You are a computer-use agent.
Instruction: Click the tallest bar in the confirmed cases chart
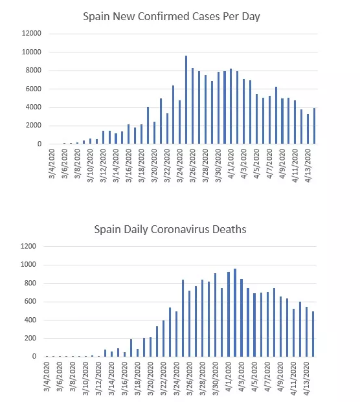[186, 100]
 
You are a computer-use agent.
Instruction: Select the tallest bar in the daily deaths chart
[235, 313]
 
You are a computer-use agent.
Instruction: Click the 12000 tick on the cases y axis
[32, 33]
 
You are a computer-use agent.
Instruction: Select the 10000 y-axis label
[32, 52]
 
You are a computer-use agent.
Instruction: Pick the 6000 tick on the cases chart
[33, 89]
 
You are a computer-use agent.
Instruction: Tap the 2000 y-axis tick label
[33, 126]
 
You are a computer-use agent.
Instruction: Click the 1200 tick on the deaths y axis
[28, 246]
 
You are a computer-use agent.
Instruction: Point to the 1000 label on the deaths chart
[28, 265]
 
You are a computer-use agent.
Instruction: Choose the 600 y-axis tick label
[30, 302]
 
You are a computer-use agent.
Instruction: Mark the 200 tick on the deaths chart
[30, 338]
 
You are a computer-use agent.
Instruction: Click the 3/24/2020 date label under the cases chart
[180, 166]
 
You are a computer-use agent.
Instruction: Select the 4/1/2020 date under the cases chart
[231, 164]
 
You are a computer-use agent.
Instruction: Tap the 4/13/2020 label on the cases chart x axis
[308, 166]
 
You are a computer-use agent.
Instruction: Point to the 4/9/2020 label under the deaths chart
[280, 377]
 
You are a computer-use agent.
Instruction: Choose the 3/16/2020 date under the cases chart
[129, 166]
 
